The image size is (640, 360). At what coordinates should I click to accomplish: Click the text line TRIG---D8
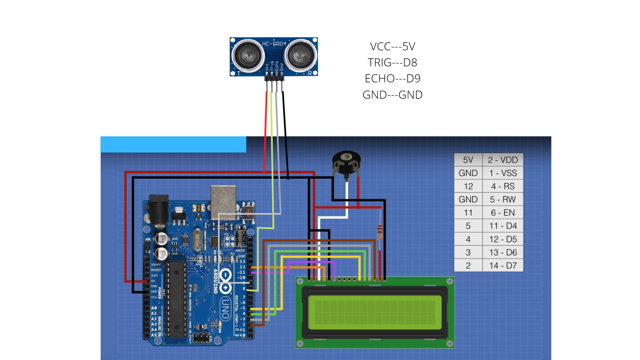point(392,62)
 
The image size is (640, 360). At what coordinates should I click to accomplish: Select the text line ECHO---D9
point(392,78)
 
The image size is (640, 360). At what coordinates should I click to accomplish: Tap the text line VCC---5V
point(392,46)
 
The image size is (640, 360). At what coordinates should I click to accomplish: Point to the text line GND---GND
point(392,95)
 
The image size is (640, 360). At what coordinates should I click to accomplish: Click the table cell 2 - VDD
point(503,160)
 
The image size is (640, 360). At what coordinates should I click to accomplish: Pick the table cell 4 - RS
point(503,186)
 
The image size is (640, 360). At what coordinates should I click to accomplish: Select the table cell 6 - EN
point(503,213)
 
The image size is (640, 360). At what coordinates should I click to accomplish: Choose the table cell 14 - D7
point(503,266)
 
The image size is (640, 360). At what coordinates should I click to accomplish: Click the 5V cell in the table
point(468,160)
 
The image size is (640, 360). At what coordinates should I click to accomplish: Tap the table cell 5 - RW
point(503,199)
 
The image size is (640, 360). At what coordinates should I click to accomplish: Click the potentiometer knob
point(347,160)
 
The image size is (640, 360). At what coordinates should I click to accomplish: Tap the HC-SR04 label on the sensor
point(274,44)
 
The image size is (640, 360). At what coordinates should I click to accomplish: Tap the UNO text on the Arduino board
point(225,308)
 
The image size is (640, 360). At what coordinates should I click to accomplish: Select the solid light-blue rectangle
point(173,144)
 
